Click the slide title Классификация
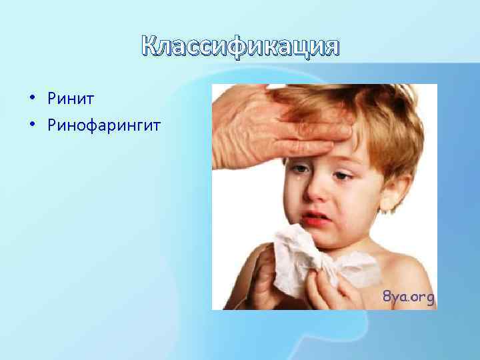(241, 47)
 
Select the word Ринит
(71, 99)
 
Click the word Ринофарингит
(104, 125)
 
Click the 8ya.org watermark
(408, 297)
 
